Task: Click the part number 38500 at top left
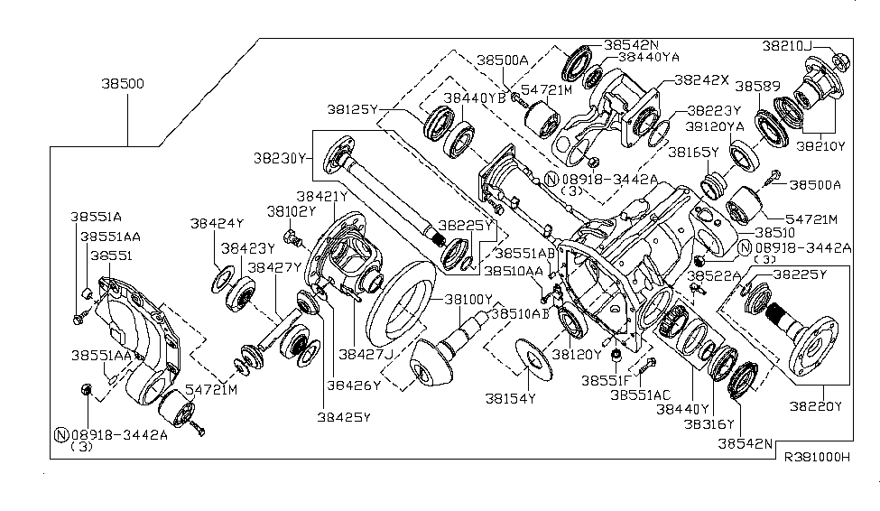click(x=125, y=84)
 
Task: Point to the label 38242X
click(x=701, y=79)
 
